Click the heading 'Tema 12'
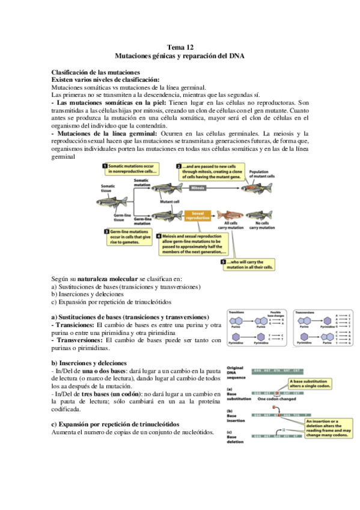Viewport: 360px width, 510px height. pos(180,46)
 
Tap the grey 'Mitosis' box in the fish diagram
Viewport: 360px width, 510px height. pos(198,188)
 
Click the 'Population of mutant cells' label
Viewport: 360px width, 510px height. pos(263,174)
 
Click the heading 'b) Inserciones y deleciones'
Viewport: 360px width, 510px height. pos(89,363)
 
